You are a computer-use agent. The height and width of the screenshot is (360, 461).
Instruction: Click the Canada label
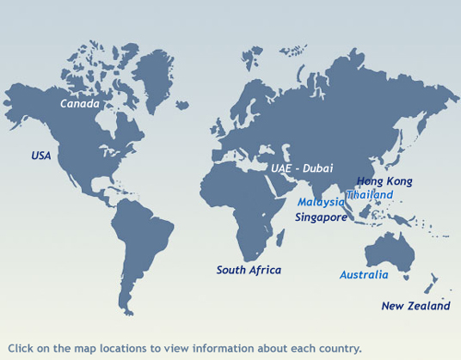click(79, 104)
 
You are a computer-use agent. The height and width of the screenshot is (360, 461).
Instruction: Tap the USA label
click(41, 156)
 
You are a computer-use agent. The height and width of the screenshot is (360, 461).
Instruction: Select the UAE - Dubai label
click(301, 168)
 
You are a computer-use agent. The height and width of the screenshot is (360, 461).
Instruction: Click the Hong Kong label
click(384, 181)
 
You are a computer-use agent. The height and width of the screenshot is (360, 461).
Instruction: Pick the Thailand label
click(370, 195)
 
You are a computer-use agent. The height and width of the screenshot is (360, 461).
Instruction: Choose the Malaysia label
click(321, 203)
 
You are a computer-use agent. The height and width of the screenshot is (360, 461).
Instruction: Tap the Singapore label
click(321, 217)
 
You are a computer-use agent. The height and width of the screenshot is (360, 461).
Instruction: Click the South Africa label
click(249, 270)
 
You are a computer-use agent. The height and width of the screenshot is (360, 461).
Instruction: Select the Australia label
click(364, 275)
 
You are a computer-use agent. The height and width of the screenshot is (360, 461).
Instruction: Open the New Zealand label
click(415, 306)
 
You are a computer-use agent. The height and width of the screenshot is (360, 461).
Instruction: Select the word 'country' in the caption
click(341, 349)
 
